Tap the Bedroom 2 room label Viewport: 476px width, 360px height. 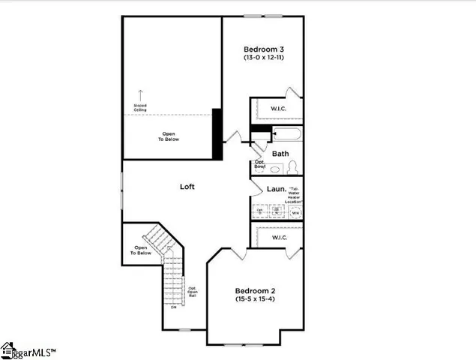pos(257,290)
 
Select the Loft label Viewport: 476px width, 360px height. pos(187,186)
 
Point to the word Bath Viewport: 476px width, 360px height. pos(280,154)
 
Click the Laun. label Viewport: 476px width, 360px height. pos(275,190)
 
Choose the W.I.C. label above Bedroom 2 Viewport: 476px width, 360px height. pos(280,237)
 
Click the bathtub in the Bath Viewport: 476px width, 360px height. pos(287,136)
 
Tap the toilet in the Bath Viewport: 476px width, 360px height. pos(293,166)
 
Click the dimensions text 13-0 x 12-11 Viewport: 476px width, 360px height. pos(262,58)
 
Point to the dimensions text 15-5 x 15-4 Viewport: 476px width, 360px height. pos(257,299)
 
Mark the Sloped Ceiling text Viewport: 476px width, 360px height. pos(140,108)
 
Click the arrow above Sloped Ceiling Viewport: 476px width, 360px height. pos(140,93)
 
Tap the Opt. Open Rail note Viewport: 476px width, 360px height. pos(193,292)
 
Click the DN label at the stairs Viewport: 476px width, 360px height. pos(173,307)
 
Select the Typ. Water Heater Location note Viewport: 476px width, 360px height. pos(293,196)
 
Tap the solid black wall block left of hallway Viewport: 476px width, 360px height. pos(217,133)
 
